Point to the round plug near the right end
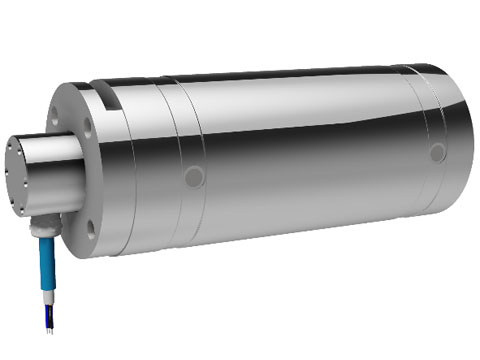click(437, 152)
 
